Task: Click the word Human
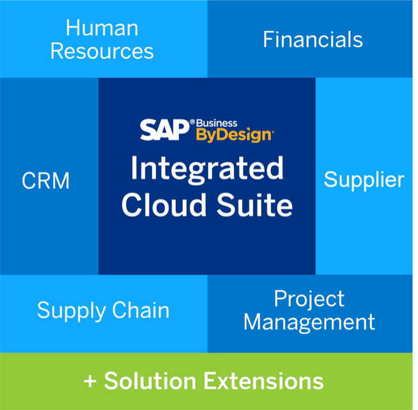point(102,27)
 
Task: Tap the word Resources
point(102,51)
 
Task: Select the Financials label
point(313,40)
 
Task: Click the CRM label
point(46,181)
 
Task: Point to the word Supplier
point(364,180)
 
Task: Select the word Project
point(309,299)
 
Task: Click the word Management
point(309,322)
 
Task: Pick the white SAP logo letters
point(165,129)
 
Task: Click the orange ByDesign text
point(233,135)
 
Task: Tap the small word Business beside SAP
point(217,123)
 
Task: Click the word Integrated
point(207,168)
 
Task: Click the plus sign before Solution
point(90,381)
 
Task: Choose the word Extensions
point(263,381)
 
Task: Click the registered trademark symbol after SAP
point(192,121)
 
